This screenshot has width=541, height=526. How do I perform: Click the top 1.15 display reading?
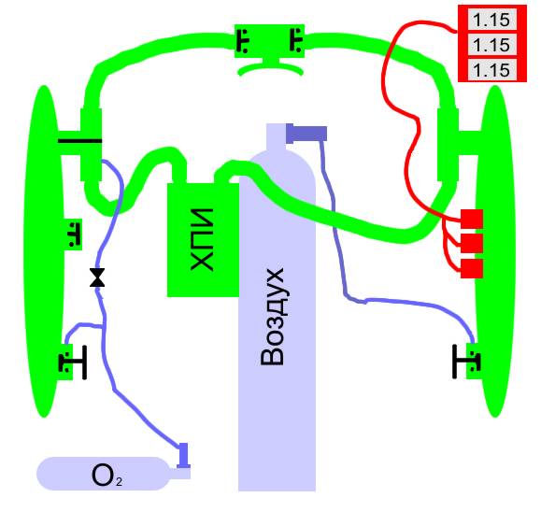point(491,20)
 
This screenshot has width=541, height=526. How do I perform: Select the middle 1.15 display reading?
point(491,45)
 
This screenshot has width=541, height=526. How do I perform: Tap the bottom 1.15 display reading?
point(491,70)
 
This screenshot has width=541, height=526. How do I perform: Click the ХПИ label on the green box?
point(202,240)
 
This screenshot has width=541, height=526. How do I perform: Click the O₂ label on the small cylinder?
point(107,476)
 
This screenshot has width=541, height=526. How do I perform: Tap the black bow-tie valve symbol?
point(97,277)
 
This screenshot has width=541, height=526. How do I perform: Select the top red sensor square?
point(472,219)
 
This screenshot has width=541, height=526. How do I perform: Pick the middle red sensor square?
point(472,244)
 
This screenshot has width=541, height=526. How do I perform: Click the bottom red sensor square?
point(472,268)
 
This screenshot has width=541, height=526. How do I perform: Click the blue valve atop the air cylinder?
point(306,134)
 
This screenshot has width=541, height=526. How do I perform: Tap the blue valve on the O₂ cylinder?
point(183,456)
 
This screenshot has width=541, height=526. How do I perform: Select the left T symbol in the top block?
point(243,41)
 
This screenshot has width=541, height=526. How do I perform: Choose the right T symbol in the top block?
point(295,40)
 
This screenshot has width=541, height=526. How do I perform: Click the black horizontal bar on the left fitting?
point(80,141)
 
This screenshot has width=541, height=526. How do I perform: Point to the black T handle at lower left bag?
point(73,363)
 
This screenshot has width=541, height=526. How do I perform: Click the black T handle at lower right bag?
point(466,362)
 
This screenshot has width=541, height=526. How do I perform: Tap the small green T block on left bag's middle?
point(74,235)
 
